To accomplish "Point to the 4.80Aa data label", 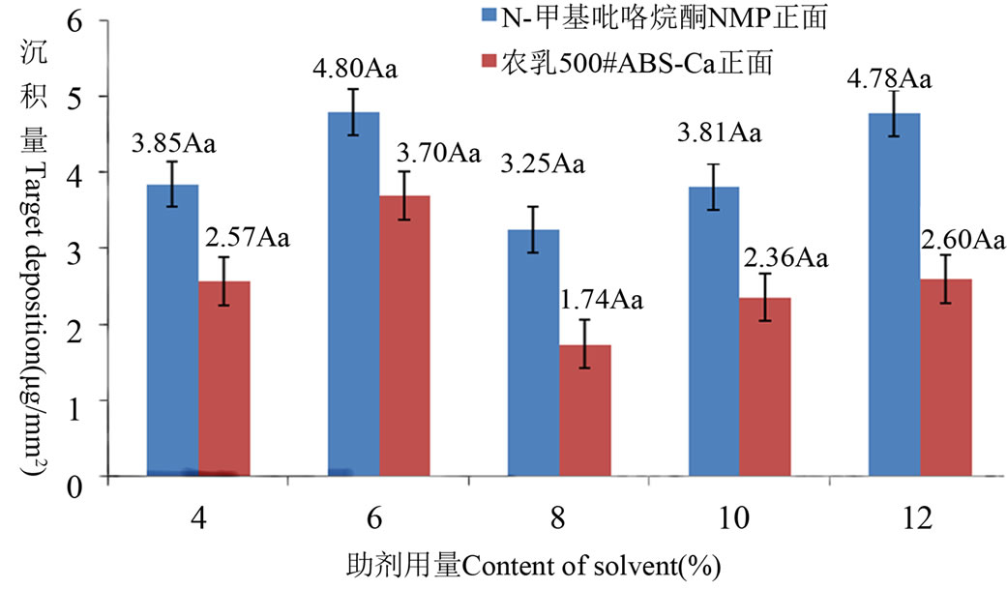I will pyautogui.click(x=354, y=71).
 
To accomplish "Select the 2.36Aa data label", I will pyautogui.click(x=786, y=257).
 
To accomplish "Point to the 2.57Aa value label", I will pyautogui.click(x=249, y=236).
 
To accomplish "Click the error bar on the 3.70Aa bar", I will pyautogui.click(x=405, y=196).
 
